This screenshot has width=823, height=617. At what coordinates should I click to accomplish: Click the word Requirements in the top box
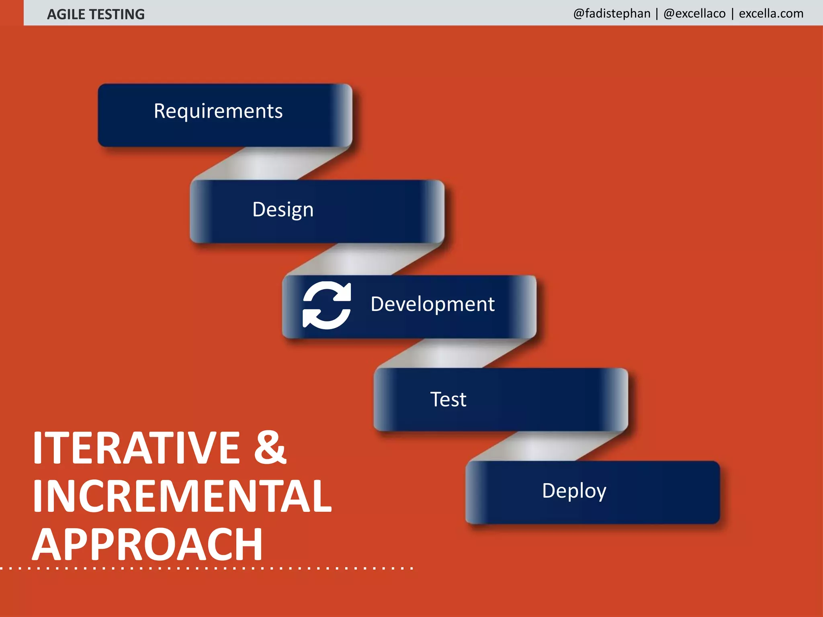[x=218, y=111]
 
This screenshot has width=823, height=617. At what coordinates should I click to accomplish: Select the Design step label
[x=283, y=210]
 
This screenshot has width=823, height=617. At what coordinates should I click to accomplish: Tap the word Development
[x=432, y=304]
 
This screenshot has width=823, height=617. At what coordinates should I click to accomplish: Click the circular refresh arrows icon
[x=327, y=305]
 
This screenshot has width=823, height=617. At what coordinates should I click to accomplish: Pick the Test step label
[x=448, y=399]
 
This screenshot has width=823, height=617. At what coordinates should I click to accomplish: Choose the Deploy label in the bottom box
[x=574, y=491]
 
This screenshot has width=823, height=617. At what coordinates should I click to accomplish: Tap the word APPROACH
[x=147, y=545]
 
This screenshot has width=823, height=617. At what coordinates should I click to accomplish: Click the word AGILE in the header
[x=66, y=14]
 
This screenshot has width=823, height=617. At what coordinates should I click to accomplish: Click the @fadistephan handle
[x=612, y=14]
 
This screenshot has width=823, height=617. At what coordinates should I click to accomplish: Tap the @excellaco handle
[x=694, y=14]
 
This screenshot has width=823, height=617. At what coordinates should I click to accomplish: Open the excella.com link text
[x=771, y=14]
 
